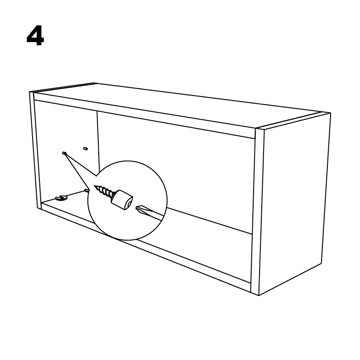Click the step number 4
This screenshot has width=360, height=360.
tap(35, 36)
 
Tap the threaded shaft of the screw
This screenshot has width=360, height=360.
tap(105, 191)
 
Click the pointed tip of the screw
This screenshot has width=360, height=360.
tap(95, 186)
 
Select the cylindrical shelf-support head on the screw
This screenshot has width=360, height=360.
tap(122, 200)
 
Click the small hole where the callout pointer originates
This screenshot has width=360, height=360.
tap(64, 153)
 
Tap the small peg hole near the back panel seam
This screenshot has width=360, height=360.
tap(86, 149)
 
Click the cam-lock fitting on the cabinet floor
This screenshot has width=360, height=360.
tap(61, 198)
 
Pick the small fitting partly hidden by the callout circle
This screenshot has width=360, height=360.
tap(86, 190)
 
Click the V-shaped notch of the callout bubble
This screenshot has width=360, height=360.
tap(96, 176)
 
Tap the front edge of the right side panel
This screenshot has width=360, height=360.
tap(257, 211)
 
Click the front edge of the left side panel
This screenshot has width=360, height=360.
tap(35, 150)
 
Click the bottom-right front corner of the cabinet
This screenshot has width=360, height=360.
tap(259, 296)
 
